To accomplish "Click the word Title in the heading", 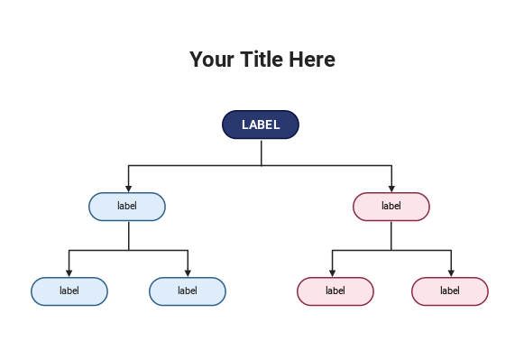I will [262, 60].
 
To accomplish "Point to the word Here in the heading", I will [313, 60].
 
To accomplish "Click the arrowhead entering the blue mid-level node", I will [128, 189].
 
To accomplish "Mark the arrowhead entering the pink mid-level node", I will [391, 189].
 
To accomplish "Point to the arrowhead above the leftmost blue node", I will [69, 273].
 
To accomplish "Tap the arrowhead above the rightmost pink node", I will [451, 273].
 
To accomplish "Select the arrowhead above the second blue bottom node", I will [188, 273].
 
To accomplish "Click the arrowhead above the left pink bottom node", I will [332, 273].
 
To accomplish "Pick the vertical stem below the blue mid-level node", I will [128, 235].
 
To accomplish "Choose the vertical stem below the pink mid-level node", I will [391, 235].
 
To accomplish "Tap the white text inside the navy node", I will [261, 125].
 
